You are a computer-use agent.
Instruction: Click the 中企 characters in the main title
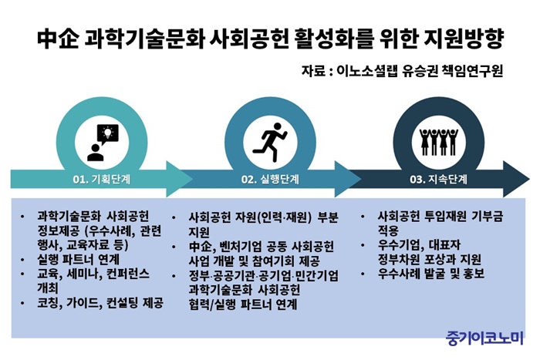tap(57, 39)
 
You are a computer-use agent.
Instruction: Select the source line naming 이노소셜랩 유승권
tap(402, 71)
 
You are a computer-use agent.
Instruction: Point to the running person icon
tap(270, 142)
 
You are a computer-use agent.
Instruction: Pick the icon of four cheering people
tap(438, 142)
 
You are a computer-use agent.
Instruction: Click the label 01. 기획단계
tap(102, 180)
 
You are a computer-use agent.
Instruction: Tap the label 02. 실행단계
tap(270, 180)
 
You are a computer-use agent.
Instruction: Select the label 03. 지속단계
tap(438, 180)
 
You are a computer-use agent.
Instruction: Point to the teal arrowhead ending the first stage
tap(178, 179)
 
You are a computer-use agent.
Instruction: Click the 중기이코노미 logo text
tap(485, 338)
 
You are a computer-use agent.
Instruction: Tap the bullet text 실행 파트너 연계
tap(78, 259)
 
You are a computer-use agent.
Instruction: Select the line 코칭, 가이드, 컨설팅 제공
tap(100, 303)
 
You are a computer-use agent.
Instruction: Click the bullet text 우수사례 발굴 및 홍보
tap(431, 274)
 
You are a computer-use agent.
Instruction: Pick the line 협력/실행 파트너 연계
tap(243, 304)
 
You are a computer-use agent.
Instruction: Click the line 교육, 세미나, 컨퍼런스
tap(93, 274)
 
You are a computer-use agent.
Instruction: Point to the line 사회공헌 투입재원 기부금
tap(440, 216)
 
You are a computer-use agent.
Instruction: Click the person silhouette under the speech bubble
tap(96, 153)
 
